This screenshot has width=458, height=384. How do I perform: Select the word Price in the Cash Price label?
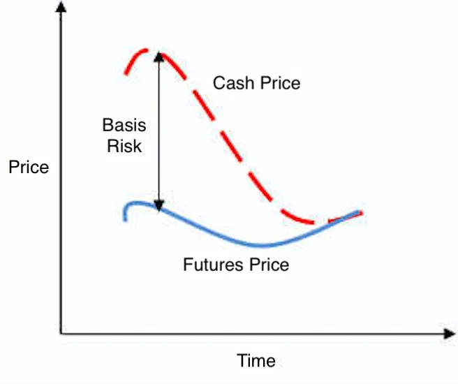click(x=281, y=83)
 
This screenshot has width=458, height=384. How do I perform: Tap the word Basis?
click(x=124, y=125)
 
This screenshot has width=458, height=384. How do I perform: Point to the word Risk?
click(x=124, y=146)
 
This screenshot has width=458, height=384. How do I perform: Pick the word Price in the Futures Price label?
click(x=269, y=265)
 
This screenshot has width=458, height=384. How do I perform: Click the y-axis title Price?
click(x=29, y=167)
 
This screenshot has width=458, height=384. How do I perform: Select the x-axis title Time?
click(x=256, y=360)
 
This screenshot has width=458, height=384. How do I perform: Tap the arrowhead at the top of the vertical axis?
click(x=61, y=6)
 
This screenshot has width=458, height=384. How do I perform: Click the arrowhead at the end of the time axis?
click(x=450, y=334)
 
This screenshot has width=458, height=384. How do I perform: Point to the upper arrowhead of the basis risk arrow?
click(x=159, y=57)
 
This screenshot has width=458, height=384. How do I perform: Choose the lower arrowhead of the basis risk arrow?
click(x=159, y=206)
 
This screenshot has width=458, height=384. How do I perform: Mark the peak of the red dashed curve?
click(x=146, y=50)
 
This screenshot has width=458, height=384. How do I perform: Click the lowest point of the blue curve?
click(x=262, y=246)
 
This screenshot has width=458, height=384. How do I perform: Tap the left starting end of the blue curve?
click(x=125, y=220)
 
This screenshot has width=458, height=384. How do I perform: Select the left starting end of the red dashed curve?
click(x=126, y=73)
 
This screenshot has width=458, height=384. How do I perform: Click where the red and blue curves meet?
click(x=339, y=219)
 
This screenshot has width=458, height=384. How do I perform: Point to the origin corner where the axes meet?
click(x=61, y=334)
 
